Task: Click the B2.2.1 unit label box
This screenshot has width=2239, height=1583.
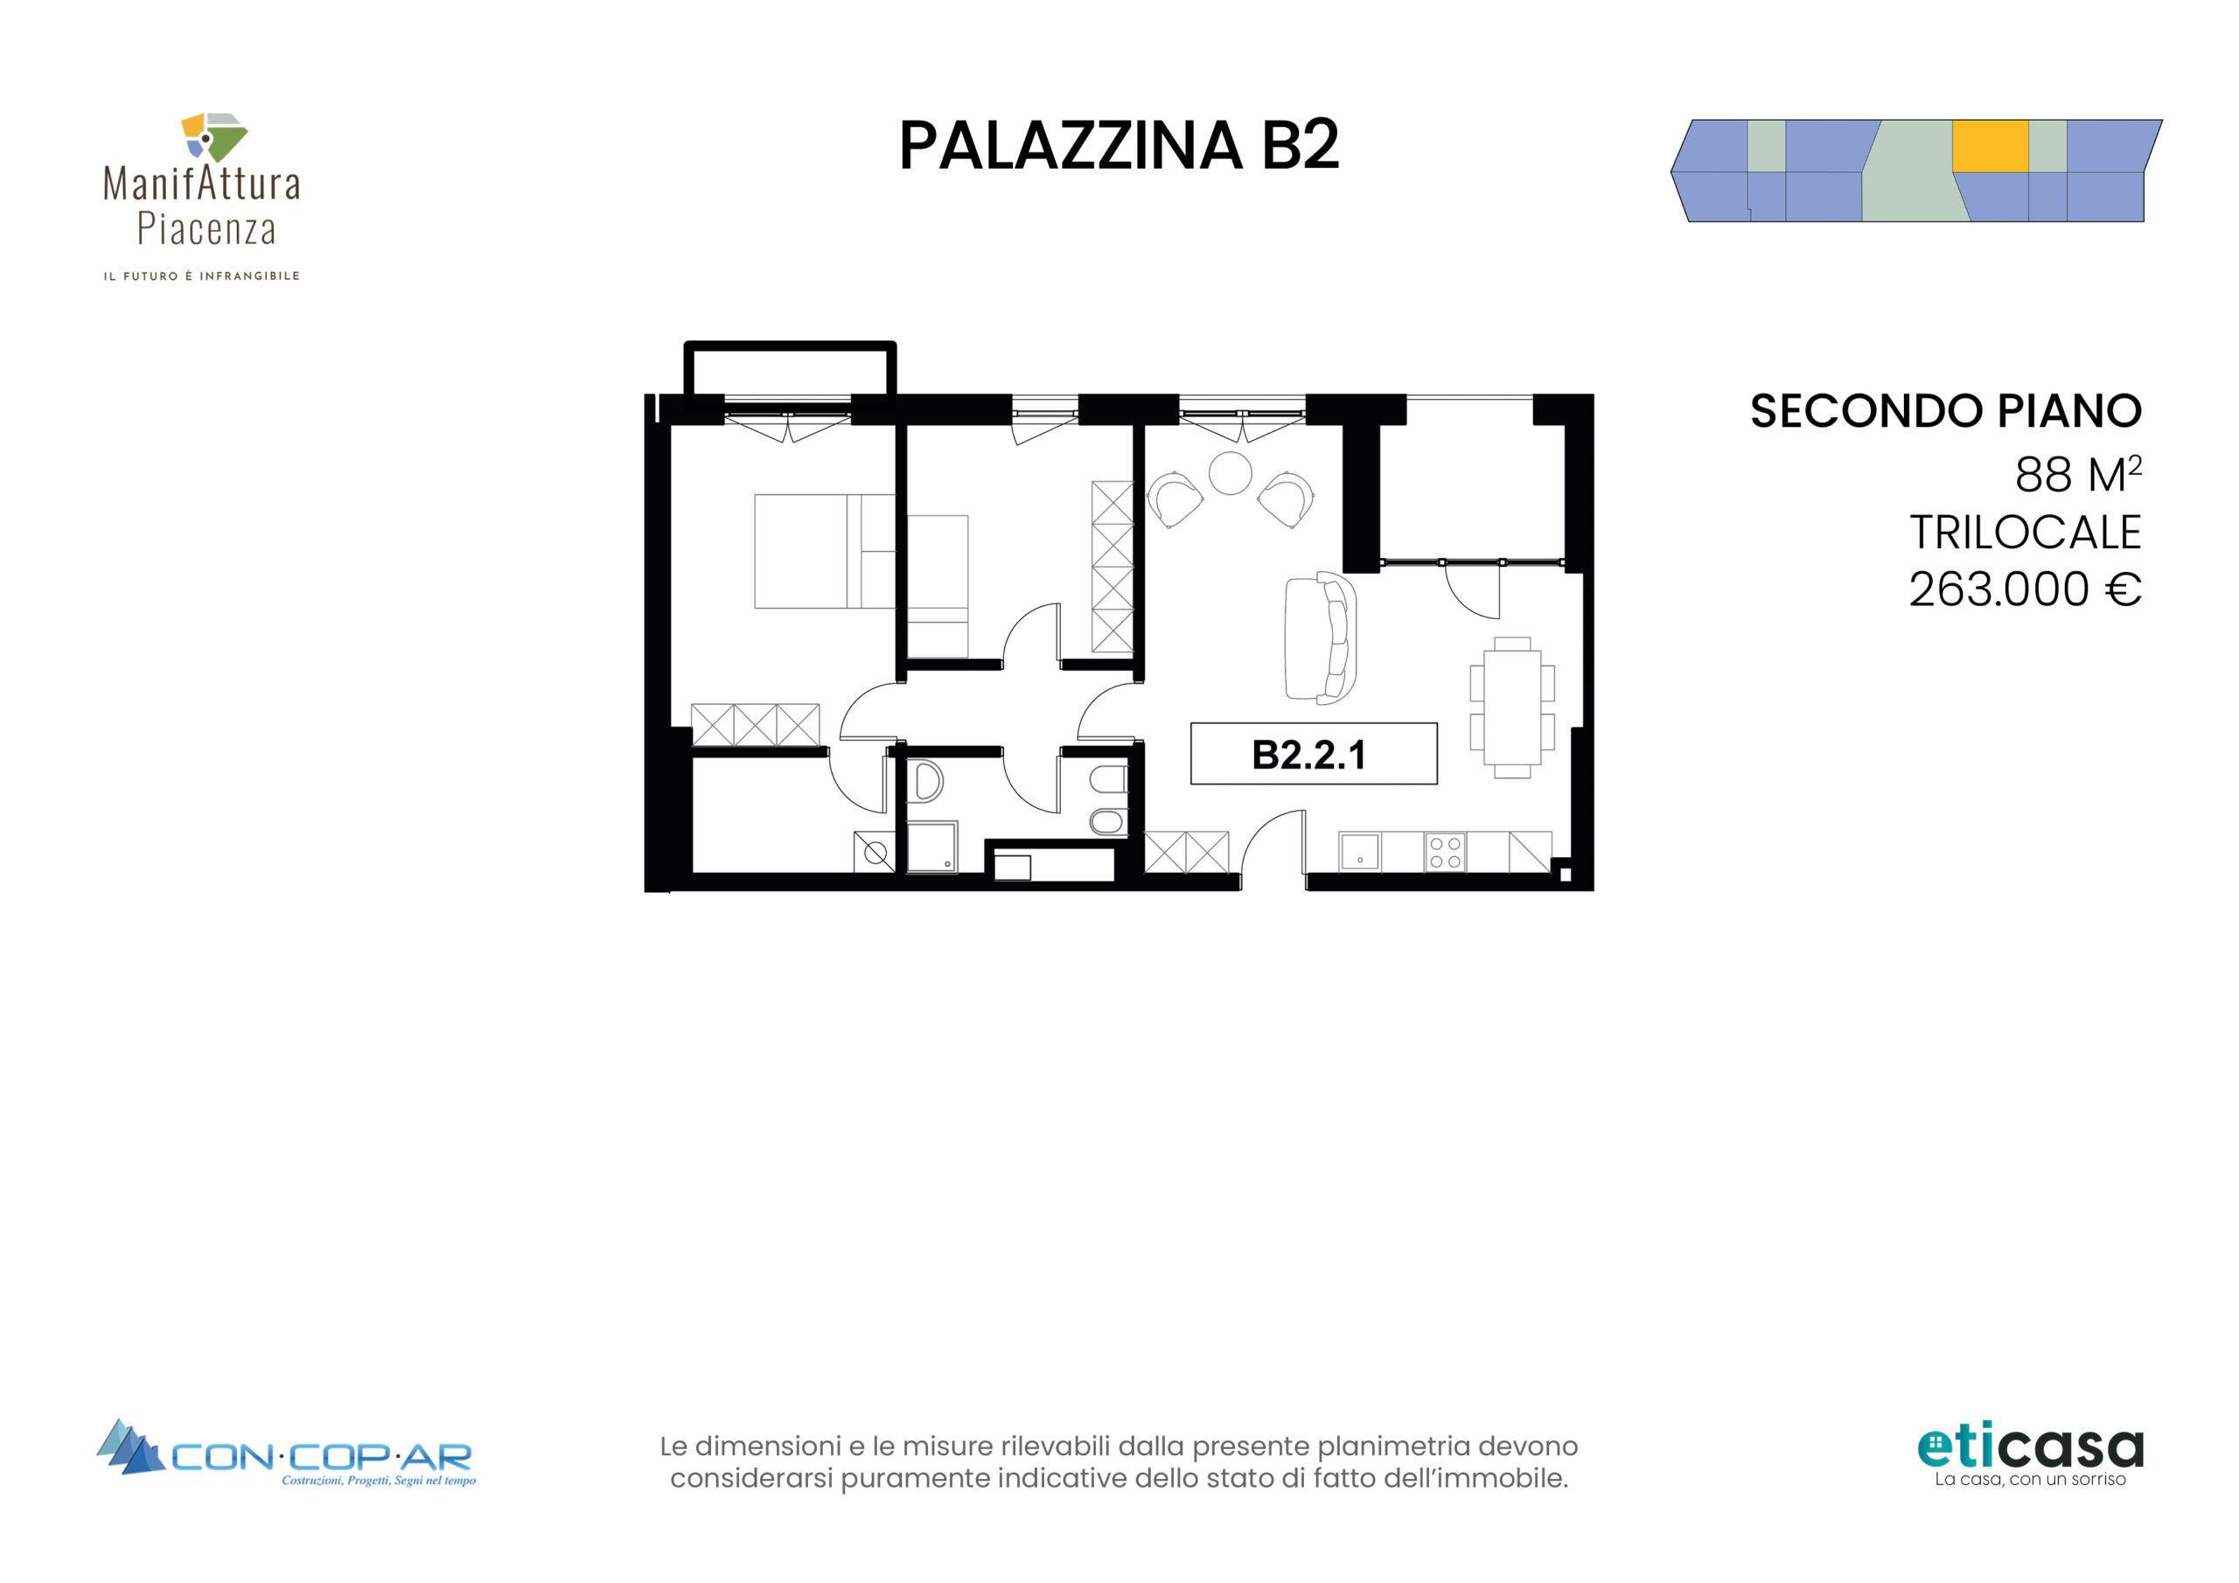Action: pos(1314,753)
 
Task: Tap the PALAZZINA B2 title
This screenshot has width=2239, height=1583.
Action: pos(1119,146)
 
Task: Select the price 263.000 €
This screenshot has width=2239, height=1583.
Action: pos(2025,589)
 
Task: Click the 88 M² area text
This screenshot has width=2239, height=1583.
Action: pos(2078,474)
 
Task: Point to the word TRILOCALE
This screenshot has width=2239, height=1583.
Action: pos(2026,533)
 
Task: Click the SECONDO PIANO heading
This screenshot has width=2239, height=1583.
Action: pos(1945,411)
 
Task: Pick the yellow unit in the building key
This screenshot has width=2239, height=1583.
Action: pos(1990,146)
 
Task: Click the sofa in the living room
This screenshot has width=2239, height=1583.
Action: pos(1321,638)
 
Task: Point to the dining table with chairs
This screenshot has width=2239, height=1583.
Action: pos(1512,708)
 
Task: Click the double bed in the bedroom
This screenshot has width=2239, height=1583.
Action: pos(824,551)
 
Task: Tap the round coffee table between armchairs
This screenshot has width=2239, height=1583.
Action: pos(1230,473)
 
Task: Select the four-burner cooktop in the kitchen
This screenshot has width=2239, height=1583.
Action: pos(1445,852)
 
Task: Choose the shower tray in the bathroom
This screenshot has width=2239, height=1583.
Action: pos(932,847)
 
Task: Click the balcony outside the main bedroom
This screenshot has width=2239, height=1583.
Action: pos(790,370)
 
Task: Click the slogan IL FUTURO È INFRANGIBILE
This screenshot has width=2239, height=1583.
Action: pos(202,276)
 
